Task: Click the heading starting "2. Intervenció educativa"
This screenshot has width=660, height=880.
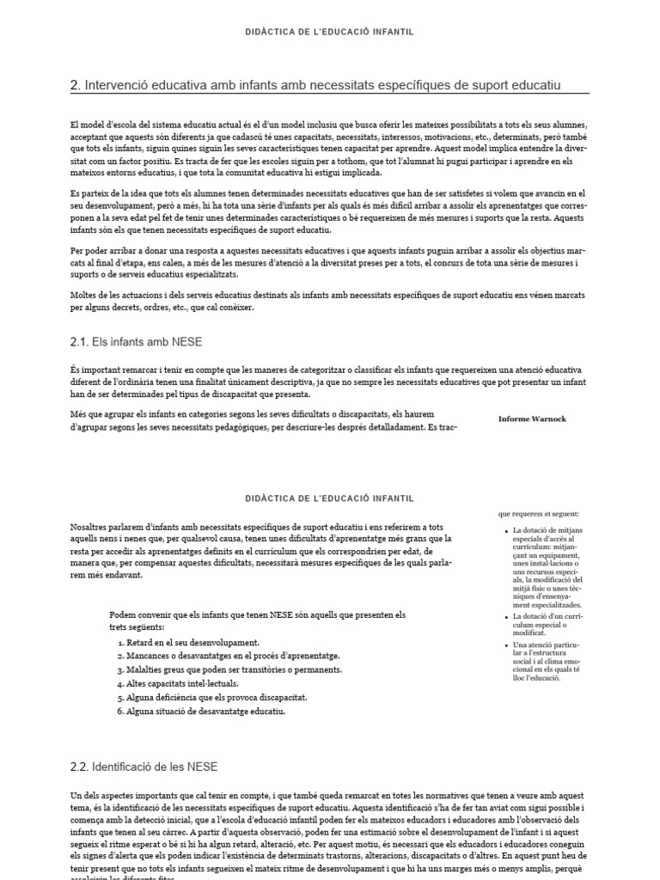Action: click(x=315, y=85)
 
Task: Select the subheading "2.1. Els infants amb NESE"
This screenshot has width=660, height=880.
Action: click(x=136, y=342)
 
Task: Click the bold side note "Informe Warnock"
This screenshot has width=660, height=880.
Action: click(x=532, y=419)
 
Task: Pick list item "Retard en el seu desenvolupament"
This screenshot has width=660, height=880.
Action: click(x=192, y=643)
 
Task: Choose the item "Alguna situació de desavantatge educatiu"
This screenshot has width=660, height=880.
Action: click(x=205, y=711)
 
